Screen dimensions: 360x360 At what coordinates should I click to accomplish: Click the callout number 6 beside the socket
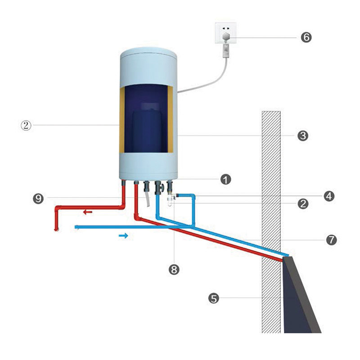tap(306, 37)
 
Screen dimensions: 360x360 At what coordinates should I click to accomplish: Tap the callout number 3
tap(303, 135)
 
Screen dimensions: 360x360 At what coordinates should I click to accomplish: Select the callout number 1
tap(225, 180)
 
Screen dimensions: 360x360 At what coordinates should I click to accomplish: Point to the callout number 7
tap(331, 240)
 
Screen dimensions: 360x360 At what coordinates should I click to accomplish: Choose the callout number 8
tap(174, 269)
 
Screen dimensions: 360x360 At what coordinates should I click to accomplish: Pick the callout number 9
tap(39, 198)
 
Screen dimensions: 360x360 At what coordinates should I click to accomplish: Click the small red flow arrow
tap(88, 211)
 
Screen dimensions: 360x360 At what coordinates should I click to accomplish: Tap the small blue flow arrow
tap(123, 235)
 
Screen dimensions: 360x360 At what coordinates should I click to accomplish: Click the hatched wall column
tap(271, 180)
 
